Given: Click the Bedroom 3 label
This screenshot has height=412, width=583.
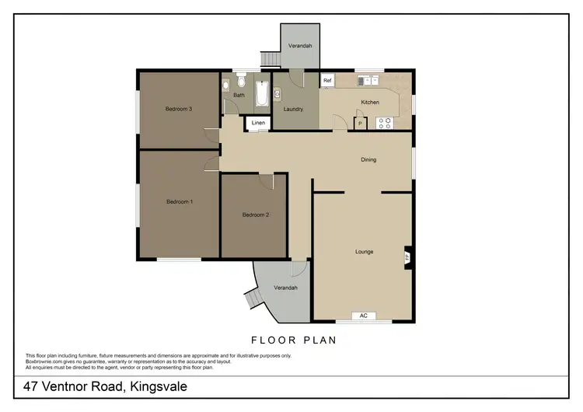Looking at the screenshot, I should point(178,109).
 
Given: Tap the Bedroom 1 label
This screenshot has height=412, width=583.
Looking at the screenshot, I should point(180,202).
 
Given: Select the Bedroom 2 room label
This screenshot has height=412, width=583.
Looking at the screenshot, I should point(255,215).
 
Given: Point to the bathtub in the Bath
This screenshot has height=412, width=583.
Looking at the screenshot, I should point(261,95).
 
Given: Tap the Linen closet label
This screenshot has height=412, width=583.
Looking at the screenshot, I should point(258,124).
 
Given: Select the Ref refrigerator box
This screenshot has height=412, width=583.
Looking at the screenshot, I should point(327,81).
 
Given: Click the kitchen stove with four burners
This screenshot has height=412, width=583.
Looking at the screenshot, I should point(384,121).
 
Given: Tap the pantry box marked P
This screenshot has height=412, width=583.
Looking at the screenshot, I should point(360,122).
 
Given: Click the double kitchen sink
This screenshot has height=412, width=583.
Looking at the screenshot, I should point(366,79).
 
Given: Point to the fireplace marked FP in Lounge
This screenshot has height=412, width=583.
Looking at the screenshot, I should point(407,257).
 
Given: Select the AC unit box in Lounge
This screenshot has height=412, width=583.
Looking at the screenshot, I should point(363,316).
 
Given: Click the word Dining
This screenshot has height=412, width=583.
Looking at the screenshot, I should point(368,160).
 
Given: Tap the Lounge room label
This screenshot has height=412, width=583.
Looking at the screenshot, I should point(364,252).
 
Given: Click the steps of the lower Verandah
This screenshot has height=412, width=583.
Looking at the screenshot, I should point(252,299).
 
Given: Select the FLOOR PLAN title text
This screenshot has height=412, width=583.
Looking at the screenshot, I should point(292,340).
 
